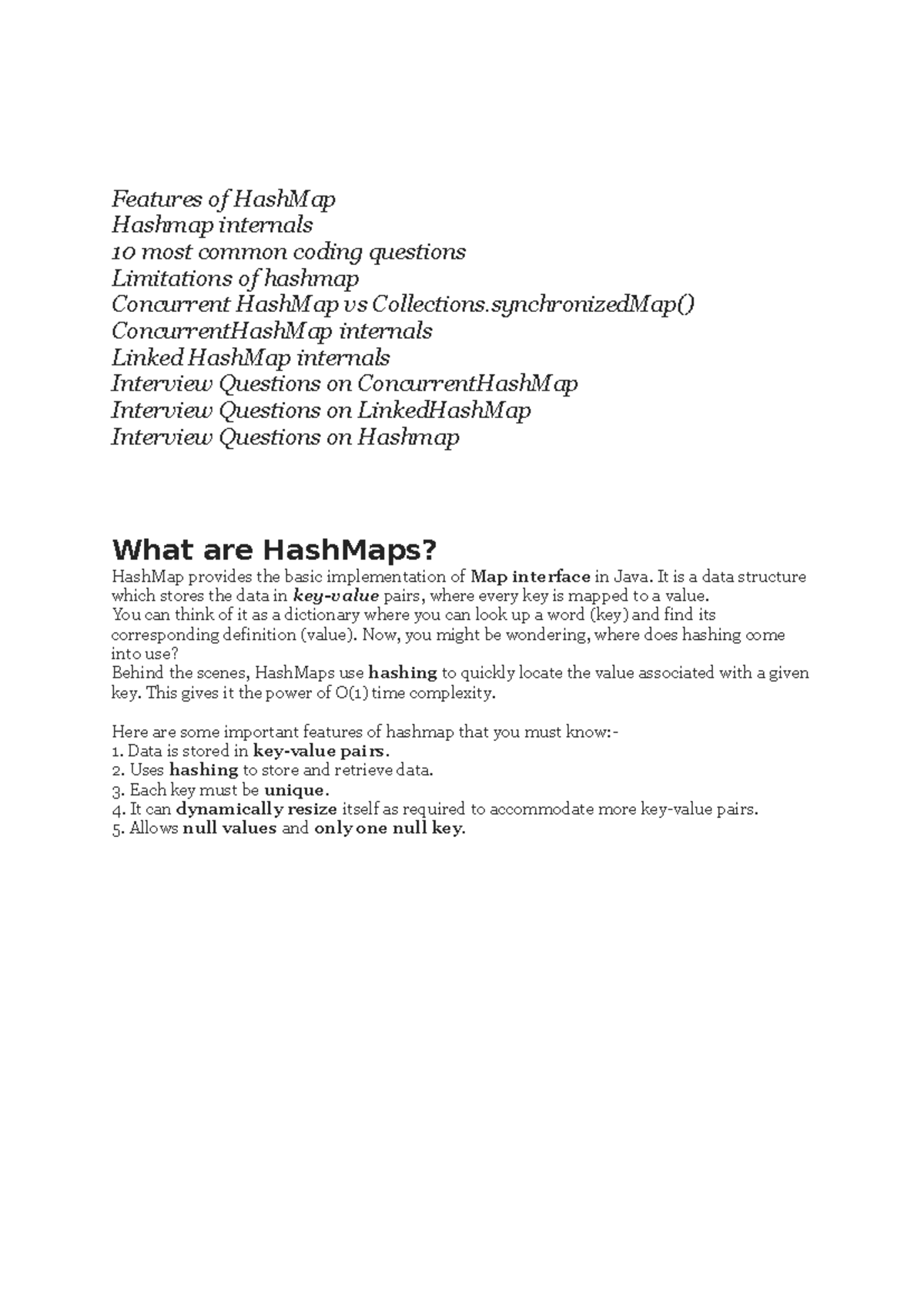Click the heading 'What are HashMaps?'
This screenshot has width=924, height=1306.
click(x=274, y=550)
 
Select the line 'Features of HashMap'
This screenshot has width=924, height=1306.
click(x=223, y=199)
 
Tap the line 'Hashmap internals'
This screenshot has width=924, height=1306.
click(x=212, y=226)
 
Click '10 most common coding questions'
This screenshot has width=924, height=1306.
click(x=288, y=252)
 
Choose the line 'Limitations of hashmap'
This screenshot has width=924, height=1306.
click(x=235, y=278)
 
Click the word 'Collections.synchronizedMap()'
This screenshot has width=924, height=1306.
click(x=533, y=305)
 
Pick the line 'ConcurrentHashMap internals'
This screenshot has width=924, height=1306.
click(x=272, y=331)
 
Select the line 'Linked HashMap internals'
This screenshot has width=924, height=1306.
click(x=250, y=357)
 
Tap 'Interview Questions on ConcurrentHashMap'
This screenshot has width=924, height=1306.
click(x=344, y=383)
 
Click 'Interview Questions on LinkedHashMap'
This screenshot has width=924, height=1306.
click(x=321, y=410)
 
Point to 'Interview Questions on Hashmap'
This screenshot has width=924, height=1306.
click(x=285, y=437)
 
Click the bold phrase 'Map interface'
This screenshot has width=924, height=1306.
click(x=531, y=577)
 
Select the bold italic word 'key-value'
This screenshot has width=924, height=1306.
click(x=336, y=596)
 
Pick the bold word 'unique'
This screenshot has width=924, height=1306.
click(x=296, y=790)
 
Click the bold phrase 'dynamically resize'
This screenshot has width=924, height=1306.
click(x=256, y=809)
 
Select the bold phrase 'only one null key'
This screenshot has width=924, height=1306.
click(x=390, y=829)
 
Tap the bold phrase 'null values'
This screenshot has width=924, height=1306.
click(x=229, y=829)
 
